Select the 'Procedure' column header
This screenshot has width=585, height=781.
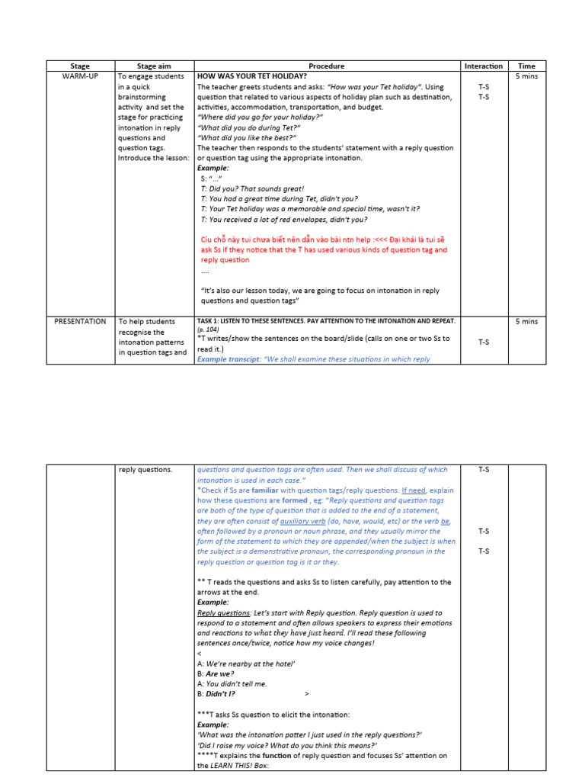327,66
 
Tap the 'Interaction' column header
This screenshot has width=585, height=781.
484,66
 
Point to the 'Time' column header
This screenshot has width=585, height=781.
526,66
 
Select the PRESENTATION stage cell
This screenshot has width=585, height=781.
80,321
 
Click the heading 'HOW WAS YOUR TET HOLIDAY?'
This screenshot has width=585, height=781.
252,77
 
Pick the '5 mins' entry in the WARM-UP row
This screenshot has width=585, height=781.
526,77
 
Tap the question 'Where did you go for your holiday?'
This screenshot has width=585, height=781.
260,117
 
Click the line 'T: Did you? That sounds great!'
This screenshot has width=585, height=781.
252,188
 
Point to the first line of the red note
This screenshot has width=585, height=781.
324,239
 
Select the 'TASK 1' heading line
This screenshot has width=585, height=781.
326,321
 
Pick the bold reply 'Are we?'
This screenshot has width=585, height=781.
220,674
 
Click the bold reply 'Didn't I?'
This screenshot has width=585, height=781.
221,694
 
